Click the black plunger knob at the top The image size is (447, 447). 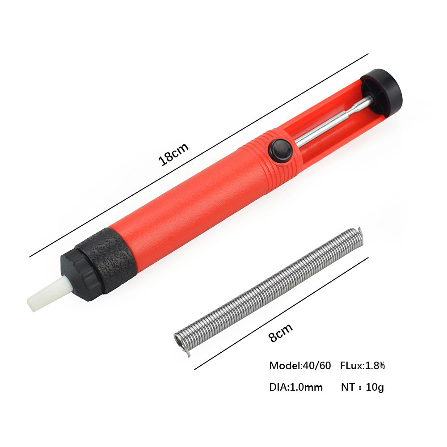(x=381, y=91)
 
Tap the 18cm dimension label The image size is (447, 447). (x=173, y=154)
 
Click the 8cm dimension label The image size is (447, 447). (x=281, y=333)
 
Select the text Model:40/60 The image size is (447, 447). (x=300, y=366)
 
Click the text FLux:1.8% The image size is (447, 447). (x=363, y=366)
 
